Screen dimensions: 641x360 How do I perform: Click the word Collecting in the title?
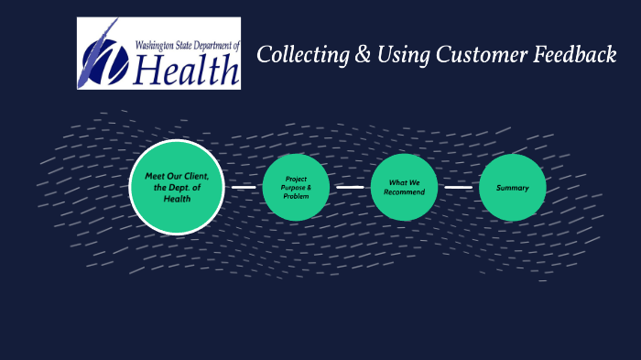[299, 56]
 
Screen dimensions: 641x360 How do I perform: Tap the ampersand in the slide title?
[358, 56]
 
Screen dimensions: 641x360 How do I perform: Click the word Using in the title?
[395, 56]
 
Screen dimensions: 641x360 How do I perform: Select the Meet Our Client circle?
[177, 187]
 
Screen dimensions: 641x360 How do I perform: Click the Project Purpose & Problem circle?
[296, 187]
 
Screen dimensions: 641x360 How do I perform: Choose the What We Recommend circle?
[404, 187]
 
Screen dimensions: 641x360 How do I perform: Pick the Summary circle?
[513, 188]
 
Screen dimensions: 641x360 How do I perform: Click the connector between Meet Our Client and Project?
[243, 188]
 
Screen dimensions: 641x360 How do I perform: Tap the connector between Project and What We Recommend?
[350, 187]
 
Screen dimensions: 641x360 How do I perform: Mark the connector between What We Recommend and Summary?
[459, 187]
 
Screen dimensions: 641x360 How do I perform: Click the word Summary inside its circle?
[513, 188]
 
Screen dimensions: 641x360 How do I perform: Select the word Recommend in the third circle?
[404, 192]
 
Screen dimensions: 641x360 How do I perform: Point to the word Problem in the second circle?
[296, 196]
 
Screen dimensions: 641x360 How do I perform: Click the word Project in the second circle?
[296, 179]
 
